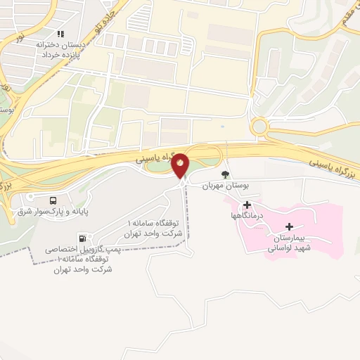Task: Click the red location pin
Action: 181,165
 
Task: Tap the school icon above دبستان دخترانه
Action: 61,33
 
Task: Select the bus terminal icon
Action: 54,199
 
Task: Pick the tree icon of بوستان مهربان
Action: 225,174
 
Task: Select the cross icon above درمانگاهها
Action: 247,205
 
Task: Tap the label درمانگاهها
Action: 247,216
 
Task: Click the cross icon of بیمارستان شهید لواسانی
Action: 290,226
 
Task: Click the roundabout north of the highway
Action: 261,127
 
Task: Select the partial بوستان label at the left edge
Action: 8,109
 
